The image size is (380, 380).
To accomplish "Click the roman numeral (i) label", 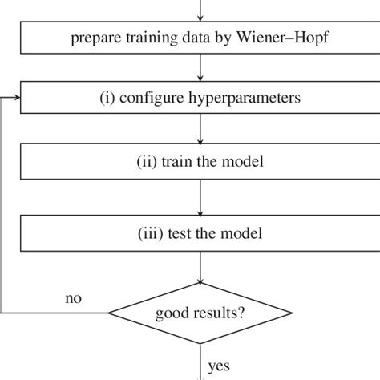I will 109,100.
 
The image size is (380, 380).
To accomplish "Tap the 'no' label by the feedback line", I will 74,298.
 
